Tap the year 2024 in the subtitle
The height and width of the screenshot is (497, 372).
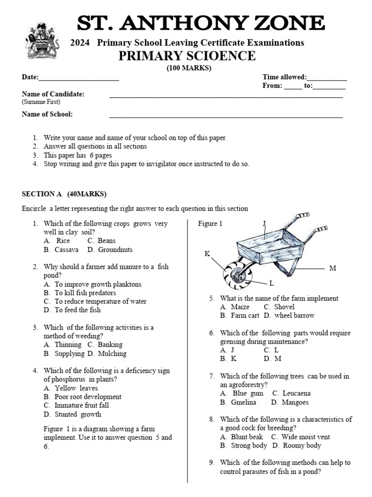click(x=81, y=43)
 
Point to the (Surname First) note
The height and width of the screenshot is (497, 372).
click(x=41, y=102)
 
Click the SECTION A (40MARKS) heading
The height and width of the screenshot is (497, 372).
click(x=64, y=194)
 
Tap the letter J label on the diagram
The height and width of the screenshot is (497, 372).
click(x=264, y=223)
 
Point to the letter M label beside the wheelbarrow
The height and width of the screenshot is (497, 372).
click(x=332, y=268)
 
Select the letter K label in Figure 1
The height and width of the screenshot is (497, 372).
click(x=207, y=253)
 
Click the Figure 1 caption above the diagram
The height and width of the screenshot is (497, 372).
click(x=210, y=224)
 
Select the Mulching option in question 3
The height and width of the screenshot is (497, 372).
click(x=112, y=353)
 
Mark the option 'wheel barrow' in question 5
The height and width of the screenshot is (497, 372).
click(x=294, y=315)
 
